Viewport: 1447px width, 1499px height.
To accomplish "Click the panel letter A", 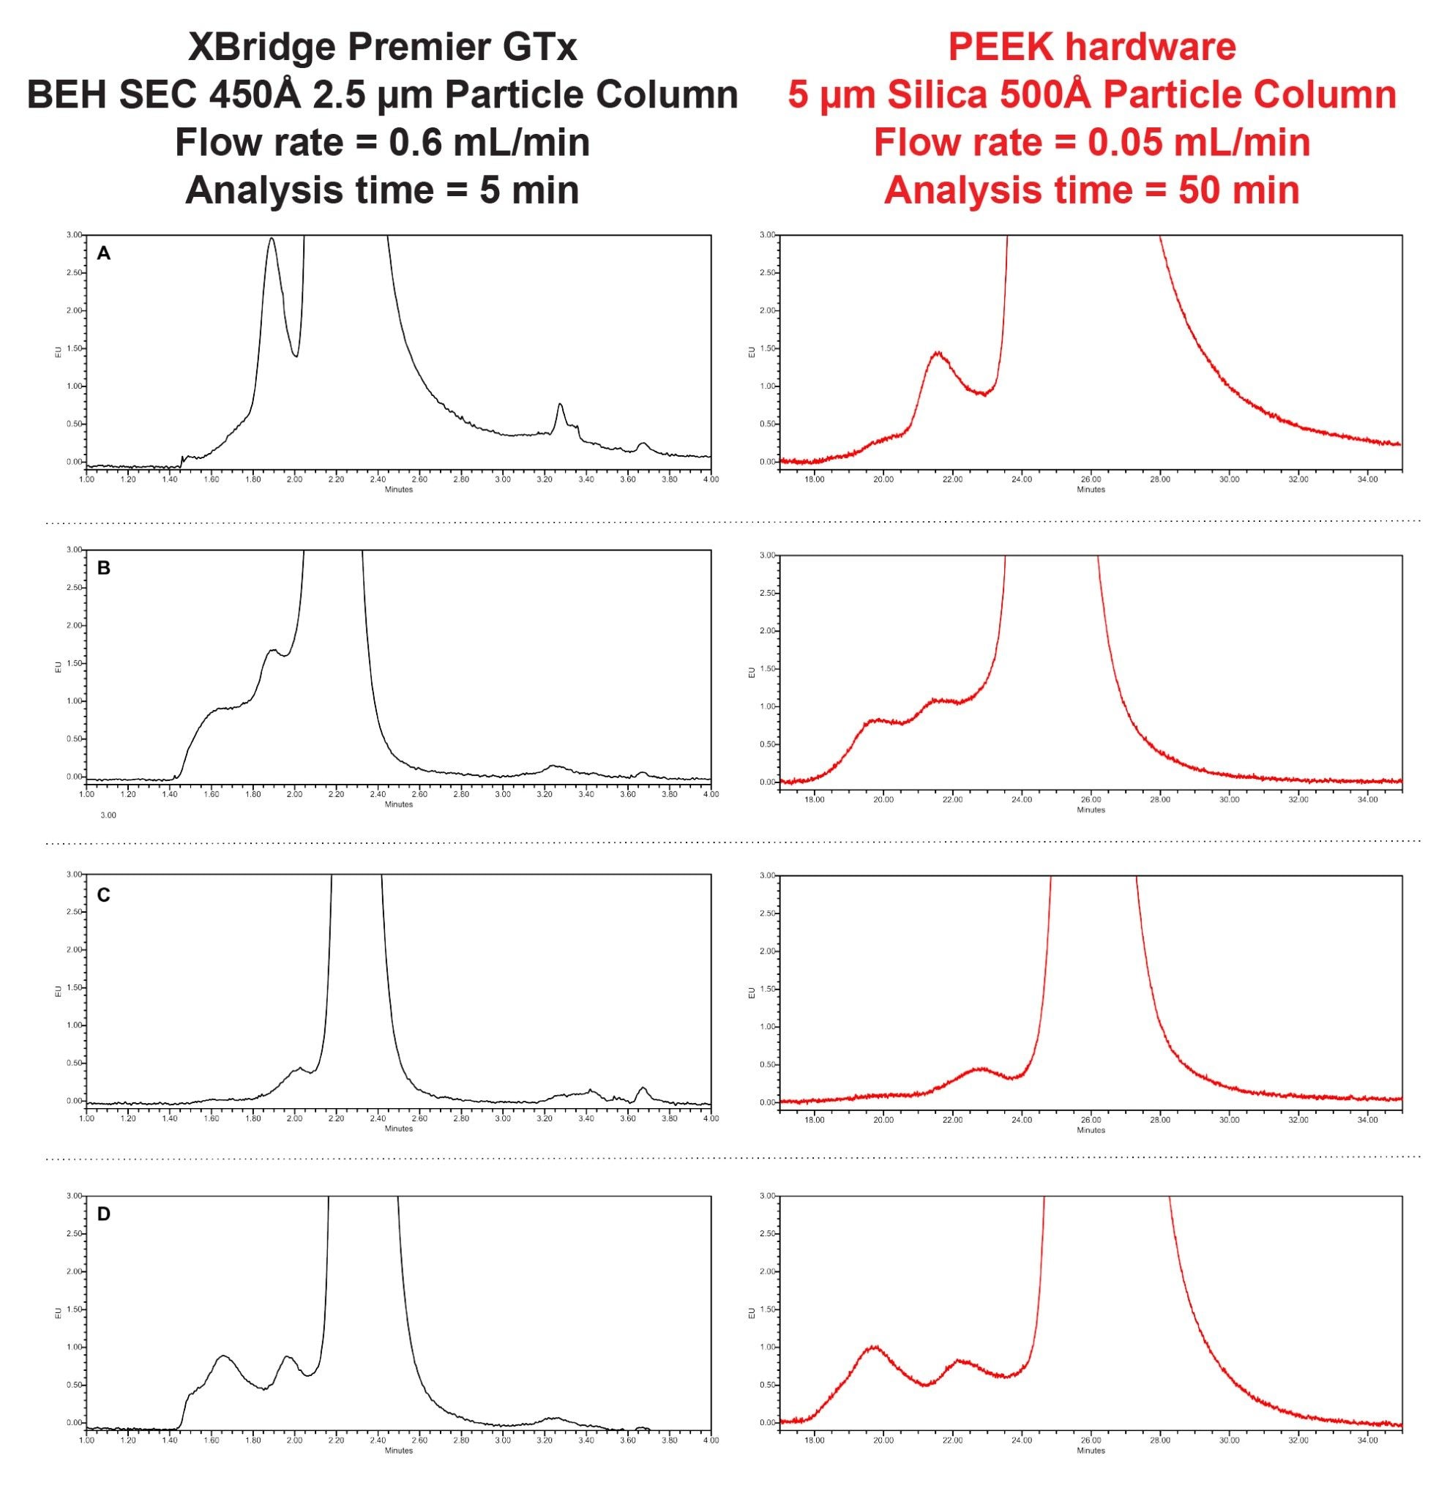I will [x=104, y=254].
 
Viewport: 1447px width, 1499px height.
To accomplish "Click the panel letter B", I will [x=104, y=568].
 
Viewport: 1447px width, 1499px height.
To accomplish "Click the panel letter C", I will [x=104, y=895].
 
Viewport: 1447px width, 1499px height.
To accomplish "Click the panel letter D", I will [x=104, y=1214].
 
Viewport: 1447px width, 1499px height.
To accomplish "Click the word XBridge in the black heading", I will [x=261, y=48].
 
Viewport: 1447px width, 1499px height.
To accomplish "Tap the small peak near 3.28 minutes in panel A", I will [x=561, y=405].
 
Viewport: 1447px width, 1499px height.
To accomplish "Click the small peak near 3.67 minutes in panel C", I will [x=643, y=1088].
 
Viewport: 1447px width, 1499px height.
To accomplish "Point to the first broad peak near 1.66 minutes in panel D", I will [x=223, y=1356].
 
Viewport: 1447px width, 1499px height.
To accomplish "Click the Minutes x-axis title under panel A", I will [x=398, y=490].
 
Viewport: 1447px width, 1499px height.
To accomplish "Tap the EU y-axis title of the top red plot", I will [x=752, y=352].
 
